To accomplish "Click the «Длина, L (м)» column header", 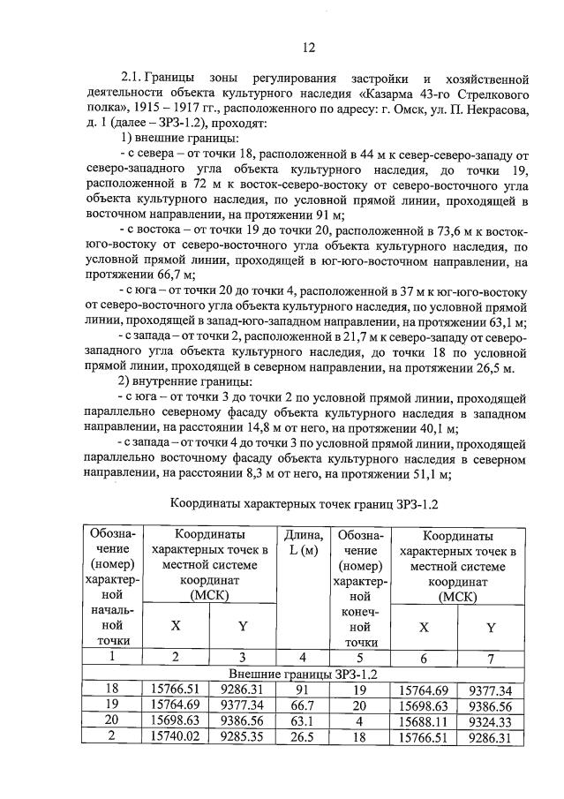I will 303,543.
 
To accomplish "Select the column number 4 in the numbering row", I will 303,657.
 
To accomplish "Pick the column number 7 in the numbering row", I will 491,657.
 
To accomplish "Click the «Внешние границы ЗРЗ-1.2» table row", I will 303,674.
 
